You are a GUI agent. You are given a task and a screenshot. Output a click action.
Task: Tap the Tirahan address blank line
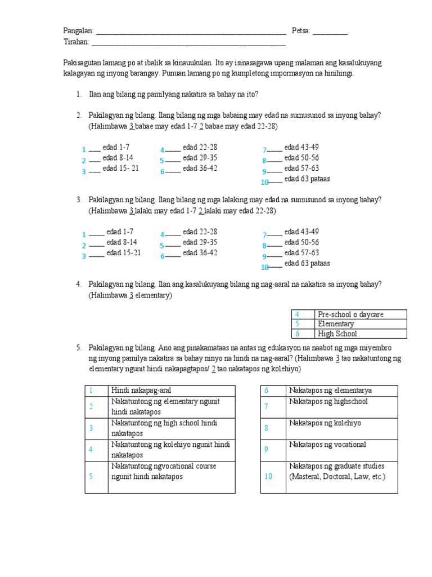(188, 44)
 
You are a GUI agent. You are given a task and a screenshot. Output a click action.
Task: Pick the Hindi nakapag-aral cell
(171, 390)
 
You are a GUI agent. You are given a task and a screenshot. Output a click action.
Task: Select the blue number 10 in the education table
(268, 477)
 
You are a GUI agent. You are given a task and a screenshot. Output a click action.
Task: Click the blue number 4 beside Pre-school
(296, 314)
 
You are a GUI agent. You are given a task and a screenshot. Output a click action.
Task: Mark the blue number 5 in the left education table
(90, 477)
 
